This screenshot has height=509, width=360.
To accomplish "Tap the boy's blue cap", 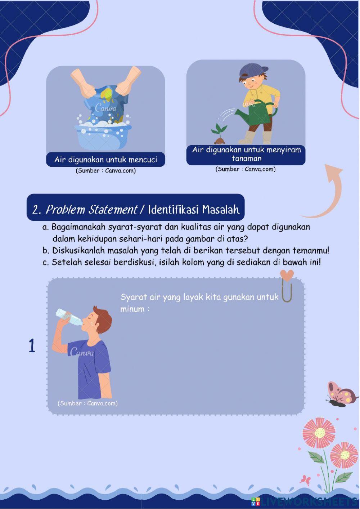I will [x=253, y=70].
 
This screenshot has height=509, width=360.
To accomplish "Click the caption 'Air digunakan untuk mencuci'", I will [x=105, y=160].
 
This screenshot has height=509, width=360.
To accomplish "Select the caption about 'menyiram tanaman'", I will [x=246, y=154].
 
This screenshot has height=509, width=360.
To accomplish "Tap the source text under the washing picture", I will [x=105, y=171].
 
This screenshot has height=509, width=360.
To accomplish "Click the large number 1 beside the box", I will [x=32, y=346].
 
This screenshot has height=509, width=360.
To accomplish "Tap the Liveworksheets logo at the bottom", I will [x=304, y=501].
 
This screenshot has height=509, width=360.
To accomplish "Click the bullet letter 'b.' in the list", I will [x=46, y=251].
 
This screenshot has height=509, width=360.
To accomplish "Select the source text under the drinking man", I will [x=87, y=403].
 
